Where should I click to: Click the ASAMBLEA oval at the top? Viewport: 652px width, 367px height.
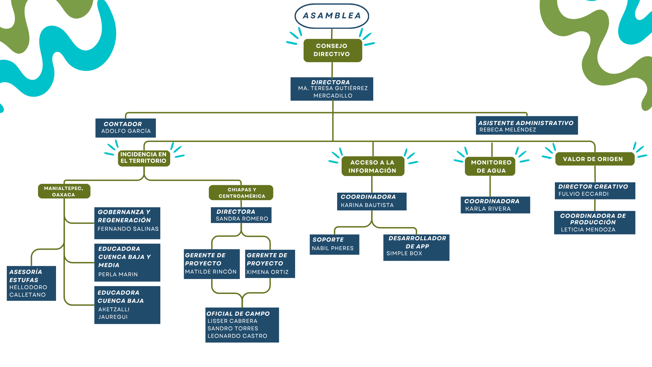coord(332,16)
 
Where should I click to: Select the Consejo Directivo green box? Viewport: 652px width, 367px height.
coord(333,50)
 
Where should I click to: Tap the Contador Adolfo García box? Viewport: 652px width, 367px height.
coord(126,128)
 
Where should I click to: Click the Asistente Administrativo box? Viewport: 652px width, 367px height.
coord(527,125)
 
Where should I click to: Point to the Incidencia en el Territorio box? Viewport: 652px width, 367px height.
coord(144,158)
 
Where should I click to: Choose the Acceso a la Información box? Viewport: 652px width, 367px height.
coord(373,166)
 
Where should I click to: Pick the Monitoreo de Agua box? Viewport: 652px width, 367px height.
coord(490,166)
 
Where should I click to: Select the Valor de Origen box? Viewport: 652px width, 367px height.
coord(595,159)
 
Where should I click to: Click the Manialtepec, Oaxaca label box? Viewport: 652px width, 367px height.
coord(64,191)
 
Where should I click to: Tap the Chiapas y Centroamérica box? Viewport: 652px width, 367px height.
coord(241,193)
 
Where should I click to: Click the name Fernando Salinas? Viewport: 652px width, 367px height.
coord(128,229)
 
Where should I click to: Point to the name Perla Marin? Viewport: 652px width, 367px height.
coord(118,275)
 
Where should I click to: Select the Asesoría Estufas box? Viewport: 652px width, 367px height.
coord(31,283)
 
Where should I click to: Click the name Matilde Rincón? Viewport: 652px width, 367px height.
coord(211,272)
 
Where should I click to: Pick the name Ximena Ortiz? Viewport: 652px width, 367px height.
coord(267,272)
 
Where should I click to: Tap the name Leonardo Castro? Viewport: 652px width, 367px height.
coord(237,336)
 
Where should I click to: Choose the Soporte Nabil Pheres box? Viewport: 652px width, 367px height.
coord(334,244)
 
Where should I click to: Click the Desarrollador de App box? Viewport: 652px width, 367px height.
coord(416,248)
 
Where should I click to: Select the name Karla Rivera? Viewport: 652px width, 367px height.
coord(488,209)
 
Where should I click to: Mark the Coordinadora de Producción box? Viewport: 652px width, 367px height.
coord(595,223)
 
